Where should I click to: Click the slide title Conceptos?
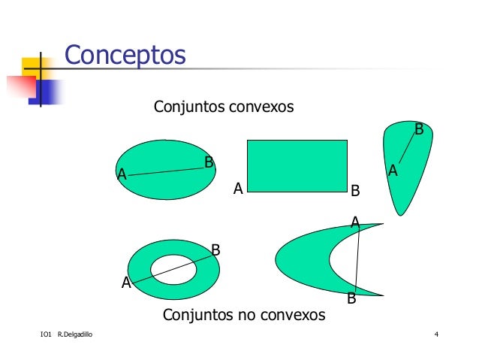(x=125, y=55)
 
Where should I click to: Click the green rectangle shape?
(x=297, y=165)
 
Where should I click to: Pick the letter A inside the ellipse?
(x=122, y=175)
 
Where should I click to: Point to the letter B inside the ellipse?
(x=209, y=162)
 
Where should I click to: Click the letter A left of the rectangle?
(x=238, y=189)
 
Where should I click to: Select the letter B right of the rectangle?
(x=356, y=191)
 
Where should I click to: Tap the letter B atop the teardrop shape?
(x=419, y=130)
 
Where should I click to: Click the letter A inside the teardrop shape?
(x=392, y=172)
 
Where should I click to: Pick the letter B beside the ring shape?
(x=215, y=250)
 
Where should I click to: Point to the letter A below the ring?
(x=127, y=283)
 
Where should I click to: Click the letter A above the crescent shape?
(x=356, y=222)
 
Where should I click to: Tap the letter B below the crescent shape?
(x=351, y=299)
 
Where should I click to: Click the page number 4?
(x=436, y=334)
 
